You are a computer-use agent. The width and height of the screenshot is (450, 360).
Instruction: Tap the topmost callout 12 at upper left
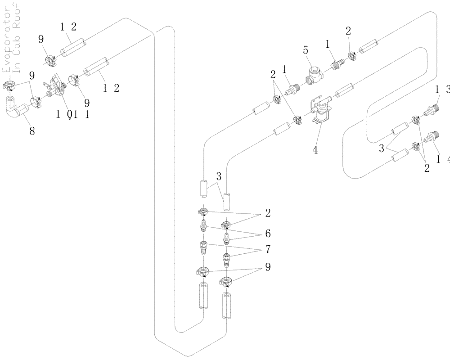68,27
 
